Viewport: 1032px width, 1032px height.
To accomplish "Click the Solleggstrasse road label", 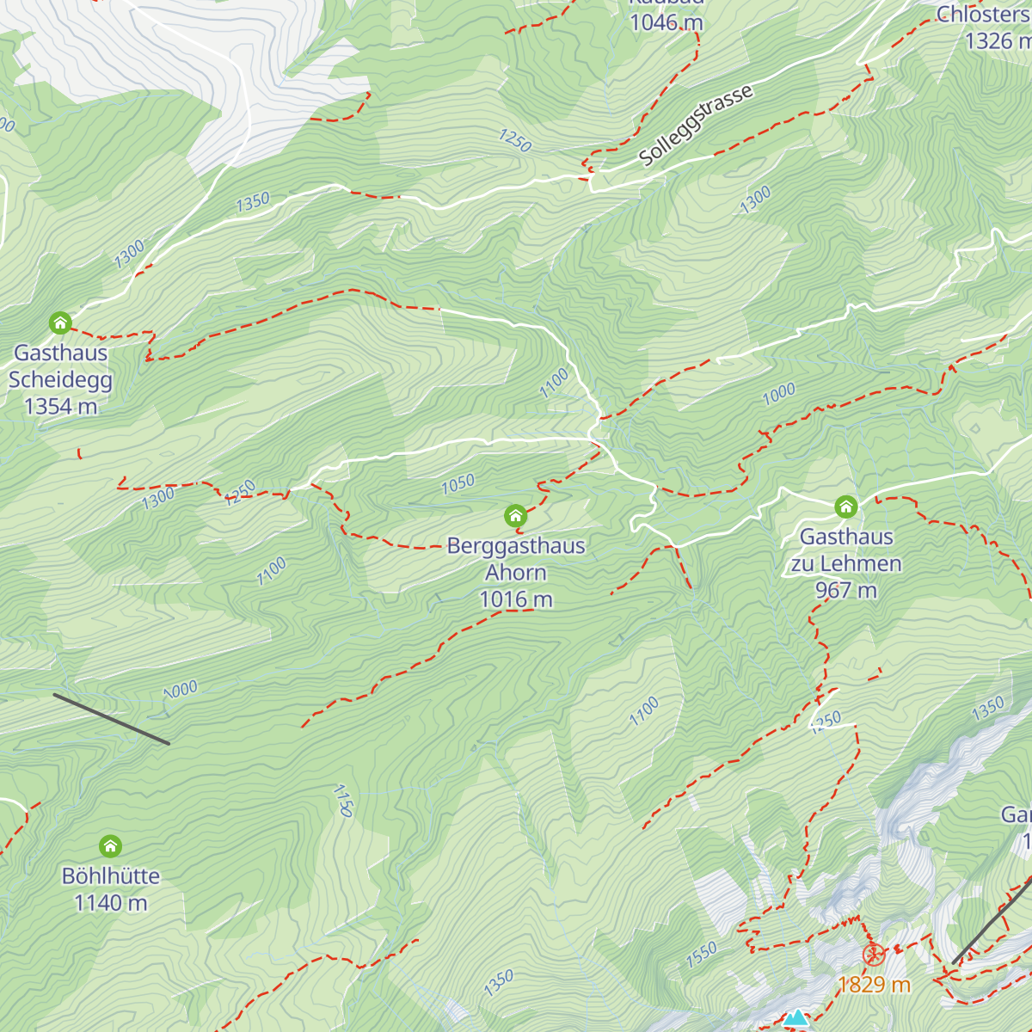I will pos(696,126).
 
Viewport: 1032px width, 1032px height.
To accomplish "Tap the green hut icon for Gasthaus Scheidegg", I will pos(60,323).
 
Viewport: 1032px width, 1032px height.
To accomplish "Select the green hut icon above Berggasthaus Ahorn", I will pos(515,516).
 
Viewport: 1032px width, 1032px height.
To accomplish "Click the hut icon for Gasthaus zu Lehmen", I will pos(846,507).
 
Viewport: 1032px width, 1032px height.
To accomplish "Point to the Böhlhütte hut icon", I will pos(110,846).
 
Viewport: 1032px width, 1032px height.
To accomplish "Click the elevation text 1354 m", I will pos(61,407).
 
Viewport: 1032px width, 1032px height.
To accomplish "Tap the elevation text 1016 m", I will pos(516,599).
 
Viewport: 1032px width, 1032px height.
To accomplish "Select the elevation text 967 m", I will pos(846,591).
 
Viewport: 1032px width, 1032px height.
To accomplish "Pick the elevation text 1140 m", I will pos(111,903).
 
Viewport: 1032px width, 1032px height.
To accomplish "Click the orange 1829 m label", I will pos(874,985).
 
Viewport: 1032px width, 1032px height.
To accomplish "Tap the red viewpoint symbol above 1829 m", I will pos(874,955).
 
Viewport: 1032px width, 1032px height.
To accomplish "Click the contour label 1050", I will pos(458,484).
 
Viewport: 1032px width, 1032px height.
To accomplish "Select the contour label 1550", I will pos(702,955).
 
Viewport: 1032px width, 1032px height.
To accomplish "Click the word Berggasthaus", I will pos(516,546).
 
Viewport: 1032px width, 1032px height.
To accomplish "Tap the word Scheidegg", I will pos(60,380).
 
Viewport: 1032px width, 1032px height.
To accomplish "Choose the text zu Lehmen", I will pos(846,564).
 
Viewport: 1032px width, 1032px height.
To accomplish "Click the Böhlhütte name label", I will pos(111,876).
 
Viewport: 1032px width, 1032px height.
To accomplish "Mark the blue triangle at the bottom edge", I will pos(796,1020).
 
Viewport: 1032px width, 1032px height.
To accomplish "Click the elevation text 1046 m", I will pos(666,23).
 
